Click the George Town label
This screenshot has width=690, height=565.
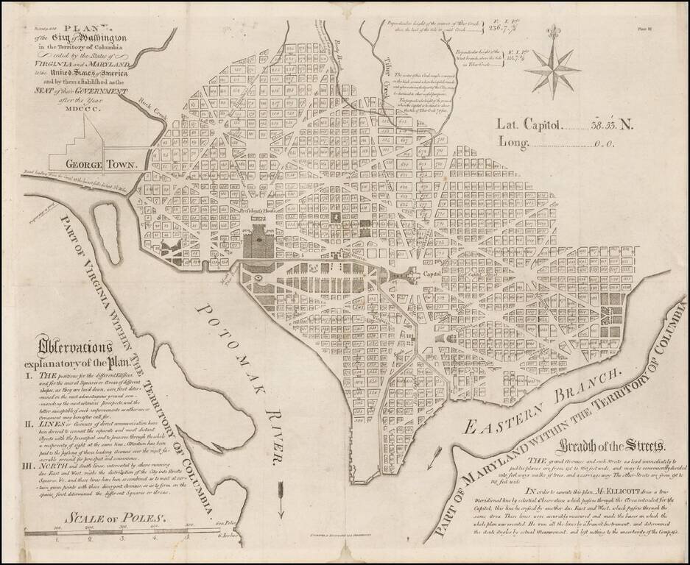click(102, 164)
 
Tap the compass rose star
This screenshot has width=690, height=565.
click(553, 68)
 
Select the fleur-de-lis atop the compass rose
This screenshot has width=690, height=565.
click(553, 34)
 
